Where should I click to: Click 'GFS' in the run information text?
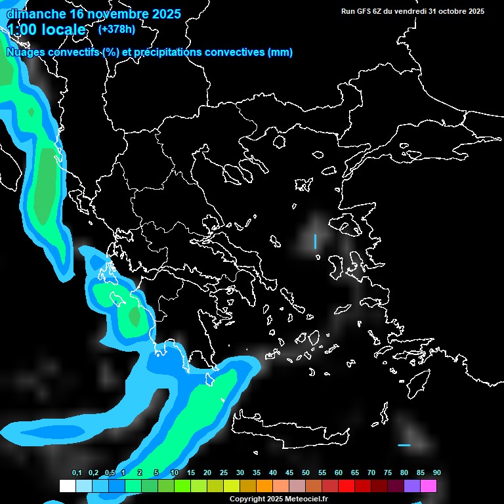[x=365, y=11]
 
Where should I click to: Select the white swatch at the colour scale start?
[x=67, y=486]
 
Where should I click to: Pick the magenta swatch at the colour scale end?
[x=429, y=486]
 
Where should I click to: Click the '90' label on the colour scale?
[x=436, y=472]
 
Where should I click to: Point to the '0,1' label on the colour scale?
[x=77, y=472]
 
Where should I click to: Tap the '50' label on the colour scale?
[x=306, y=472]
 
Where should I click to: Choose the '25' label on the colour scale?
[x=224, y=472]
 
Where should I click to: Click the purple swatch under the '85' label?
[x=412, y=486]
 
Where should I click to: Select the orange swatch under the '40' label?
[x=264, y=486]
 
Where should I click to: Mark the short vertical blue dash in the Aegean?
[x=315, y=241]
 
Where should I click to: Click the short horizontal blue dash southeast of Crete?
[x=404, y=445]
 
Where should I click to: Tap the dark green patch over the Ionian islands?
[x=135, y=318]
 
